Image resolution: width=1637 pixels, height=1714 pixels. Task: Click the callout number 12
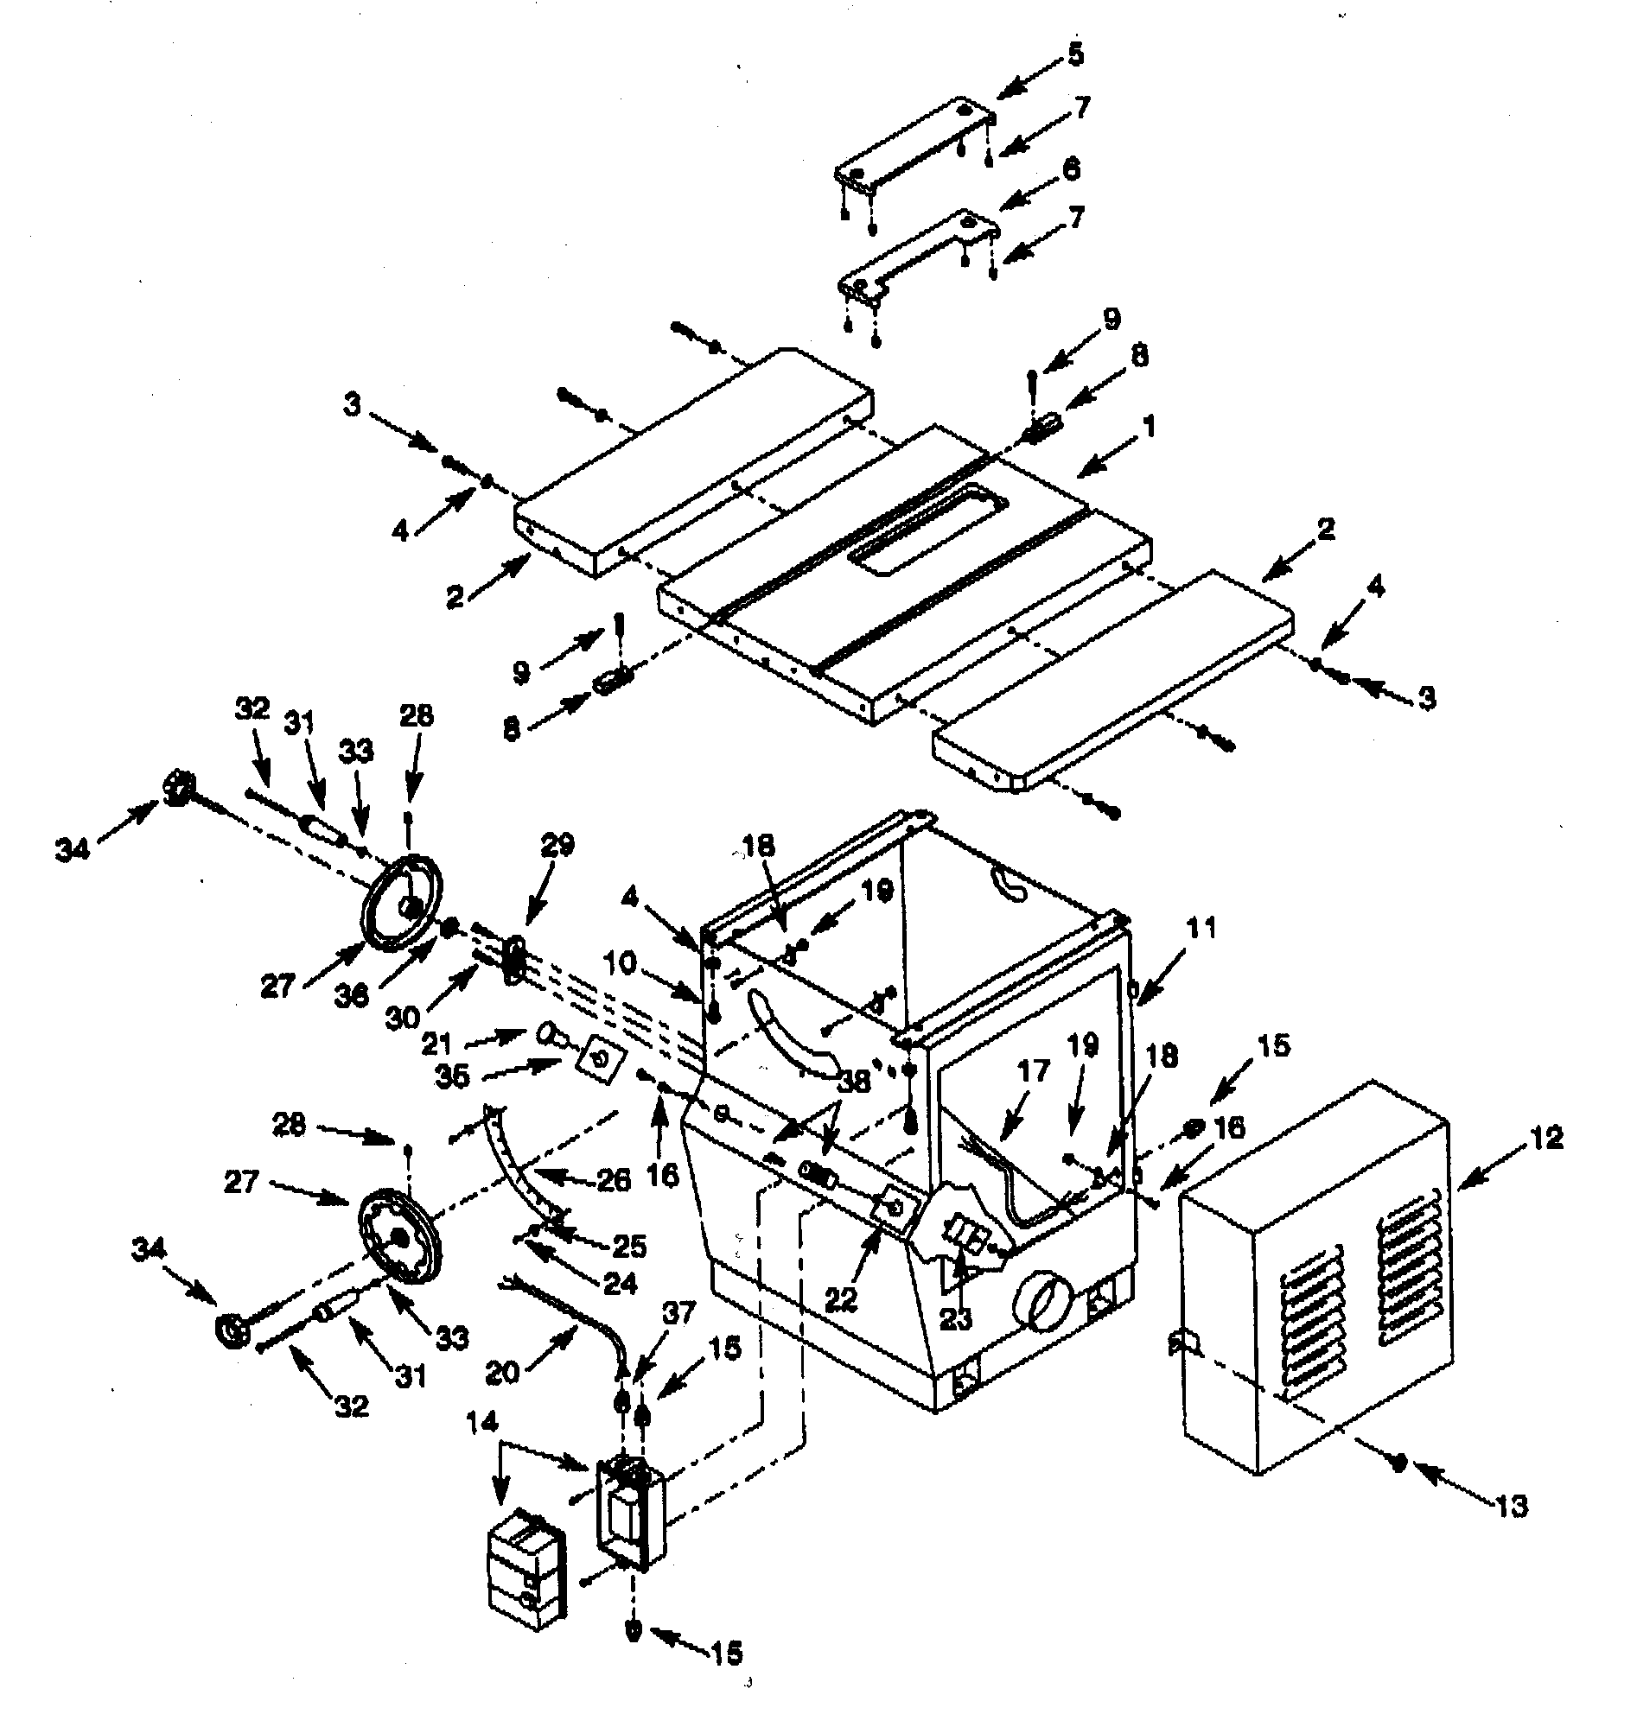(x=1546, y=1138)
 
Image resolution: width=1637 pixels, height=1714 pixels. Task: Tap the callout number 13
(x=1513, y=1506)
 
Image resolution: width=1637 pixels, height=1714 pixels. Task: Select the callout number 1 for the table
(x=1150, y=427)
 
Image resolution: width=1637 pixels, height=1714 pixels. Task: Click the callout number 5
(x=1075, y=54)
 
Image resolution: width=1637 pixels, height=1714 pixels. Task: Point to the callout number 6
(x=1072, y=168)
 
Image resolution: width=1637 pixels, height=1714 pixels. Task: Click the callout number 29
(x=557, y=844)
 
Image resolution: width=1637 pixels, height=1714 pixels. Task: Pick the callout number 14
(x=481, y=1423)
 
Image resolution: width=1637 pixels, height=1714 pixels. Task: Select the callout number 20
(x=503, y=1371)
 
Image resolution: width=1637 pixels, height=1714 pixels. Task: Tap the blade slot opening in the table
(x=930, y=530)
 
